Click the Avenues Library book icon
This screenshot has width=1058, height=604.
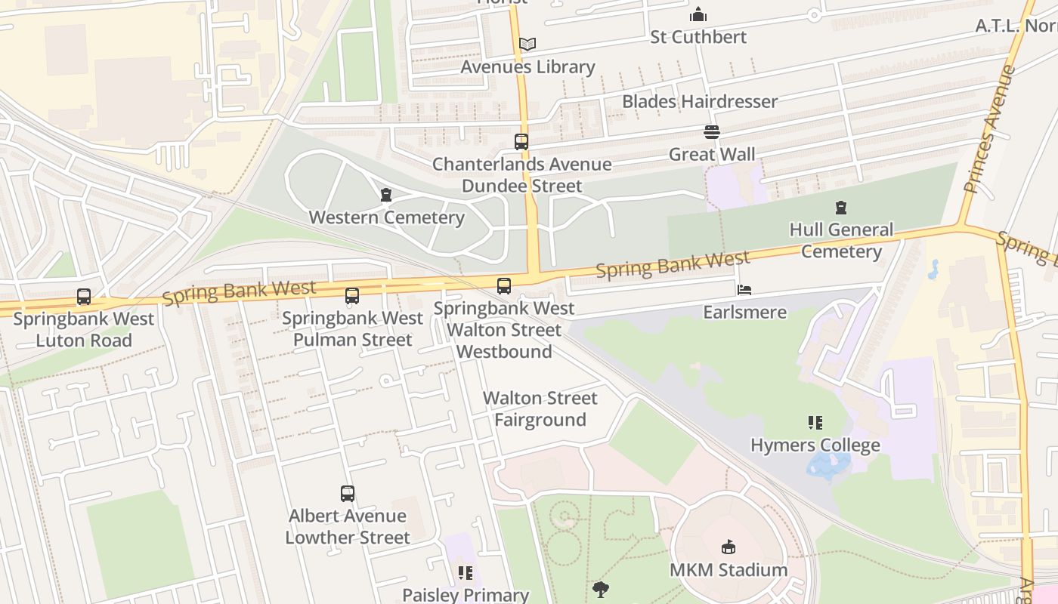click(527, 45)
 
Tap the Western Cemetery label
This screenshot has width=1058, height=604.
click(386, 217)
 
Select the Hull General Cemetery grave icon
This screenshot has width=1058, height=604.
click(841, 208)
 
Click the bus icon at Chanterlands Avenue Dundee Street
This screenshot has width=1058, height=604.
click(521, 141)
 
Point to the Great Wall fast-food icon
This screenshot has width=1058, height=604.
click(711, 132)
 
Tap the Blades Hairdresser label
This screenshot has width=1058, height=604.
click(699, 101)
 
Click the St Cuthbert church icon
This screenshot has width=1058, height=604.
click(698, 14)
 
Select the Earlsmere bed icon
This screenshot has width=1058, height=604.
click(744, 290)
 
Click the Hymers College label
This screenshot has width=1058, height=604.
click(815, 445)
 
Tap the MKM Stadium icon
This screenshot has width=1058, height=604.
click(729, 547)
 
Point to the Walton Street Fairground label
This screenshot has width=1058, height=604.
click(540, 408)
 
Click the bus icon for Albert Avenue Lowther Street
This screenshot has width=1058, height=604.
click(348, 494)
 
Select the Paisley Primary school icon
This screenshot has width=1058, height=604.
click(466, 573)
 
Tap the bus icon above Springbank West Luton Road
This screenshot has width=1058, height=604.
click(84, 297)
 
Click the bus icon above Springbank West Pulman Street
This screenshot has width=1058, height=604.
click(352, 296)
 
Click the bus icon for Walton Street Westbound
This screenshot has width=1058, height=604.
click(504, 286)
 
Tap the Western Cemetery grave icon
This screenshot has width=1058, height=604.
click(386, 196)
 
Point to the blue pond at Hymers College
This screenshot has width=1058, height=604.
click(828, 462)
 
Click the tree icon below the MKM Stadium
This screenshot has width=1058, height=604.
click(601, 589)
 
